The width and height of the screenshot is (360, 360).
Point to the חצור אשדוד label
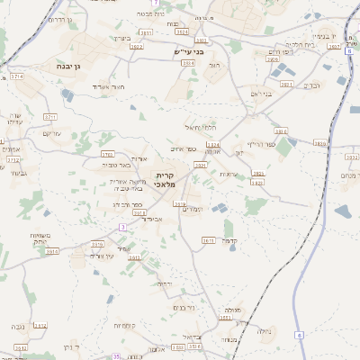coord(108,86)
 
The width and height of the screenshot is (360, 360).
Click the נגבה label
coord(17,326)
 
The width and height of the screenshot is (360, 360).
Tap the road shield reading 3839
coord(319,143)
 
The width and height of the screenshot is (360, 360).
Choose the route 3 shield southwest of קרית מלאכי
coord(121,227)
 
